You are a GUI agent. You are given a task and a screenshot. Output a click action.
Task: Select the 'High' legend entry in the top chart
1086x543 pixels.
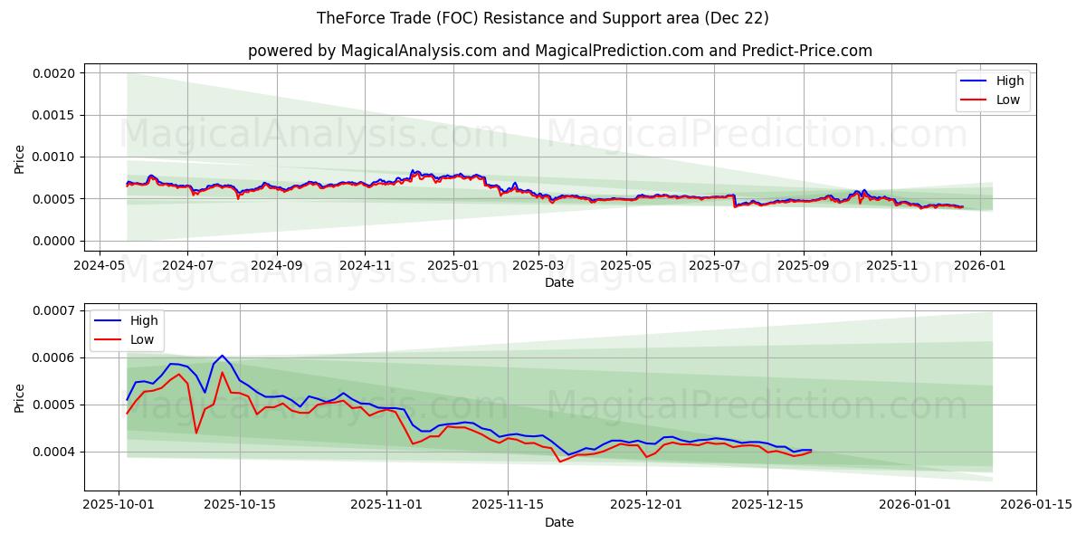(x=1009, y=81)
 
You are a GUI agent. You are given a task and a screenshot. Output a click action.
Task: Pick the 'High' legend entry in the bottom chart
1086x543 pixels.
(x=143, y=320)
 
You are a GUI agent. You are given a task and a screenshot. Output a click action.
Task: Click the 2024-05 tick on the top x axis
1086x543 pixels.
(x=99, y=266)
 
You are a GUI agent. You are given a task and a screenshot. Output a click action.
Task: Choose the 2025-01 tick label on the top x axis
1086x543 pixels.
(x=452, y=266)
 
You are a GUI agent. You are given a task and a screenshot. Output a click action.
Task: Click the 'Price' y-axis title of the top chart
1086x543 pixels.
(x=20, y=157)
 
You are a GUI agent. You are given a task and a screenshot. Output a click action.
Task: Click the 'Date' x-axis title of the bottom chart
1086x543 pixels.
(x=559, y=522)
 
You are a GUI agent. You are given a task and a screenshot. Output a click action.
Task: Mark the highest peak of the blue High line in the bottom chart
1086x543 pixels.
(x=222, y=356)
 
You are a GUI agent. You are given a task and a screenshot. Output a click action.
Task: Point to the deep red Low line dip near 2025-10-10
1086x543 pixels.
(x=196, y=433)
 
